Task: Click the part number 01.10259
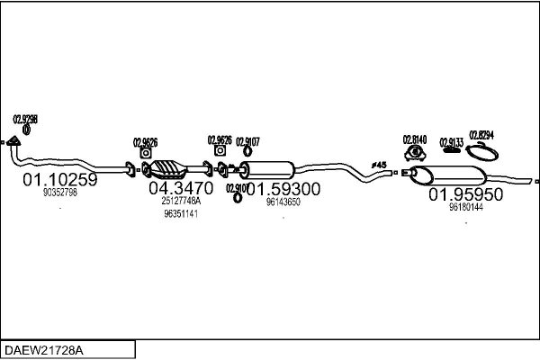click(x=59, y=179)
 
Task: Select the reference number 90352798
click(x=60, y=193)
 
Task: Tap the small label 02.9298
click(x=25, y=119)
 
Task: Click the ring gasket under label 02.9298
click(x=25, y=130)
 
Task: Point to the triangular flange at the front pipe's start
click(x=13, y=141)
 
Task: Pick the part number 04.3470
click(x=180, y=188)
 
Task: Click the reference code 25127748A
click(x=181, y=202)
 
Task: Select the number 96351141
click(x=181, y=214)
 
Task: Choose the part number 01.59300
click(x=283, y=189)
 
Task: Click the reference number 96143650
click(x=283, y=202)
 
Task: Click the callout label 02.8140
click(x=414, y=139)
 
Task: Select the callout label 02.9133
click(x=452, y=142)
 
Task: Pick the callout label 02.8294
click(x=481, y=135)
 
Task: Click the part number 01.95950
click(x=465, y=193)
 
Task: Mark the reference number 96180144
click(x=465, y=207)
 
